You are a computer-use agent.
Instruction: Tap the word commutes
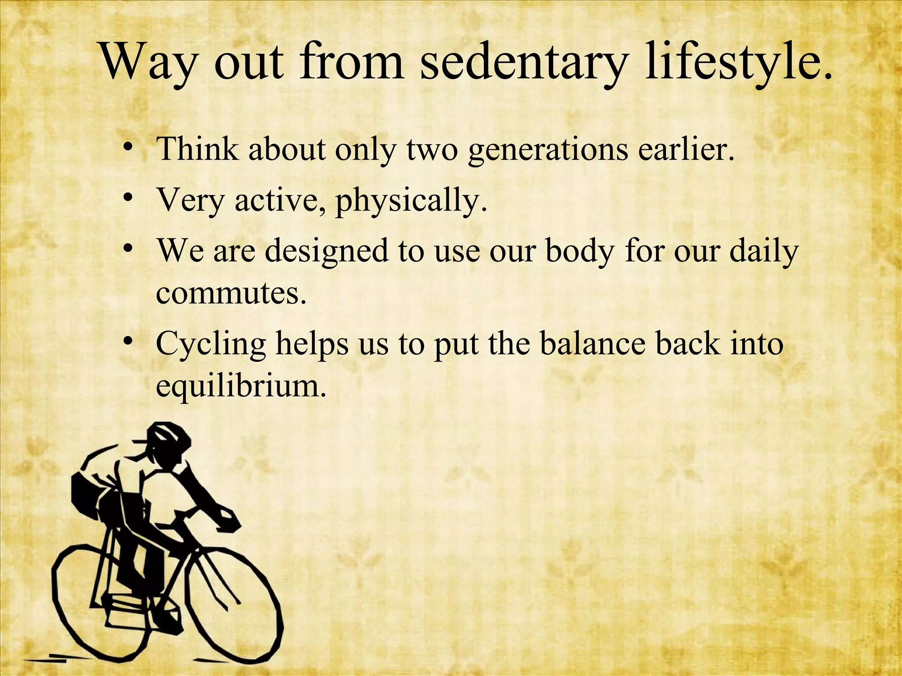coord(231,293)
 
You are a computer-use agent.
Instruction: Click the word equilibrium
coord(241,386)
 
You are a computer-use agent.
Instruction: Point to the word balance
coord(592,343)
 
